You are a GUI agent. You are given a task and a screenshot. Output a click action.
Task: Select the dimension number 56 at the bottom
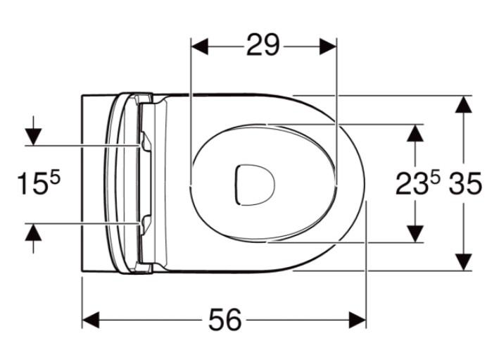coord(225,321)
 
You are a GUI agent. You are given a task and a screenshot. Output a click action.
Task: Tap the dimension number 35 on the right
coord(465,185)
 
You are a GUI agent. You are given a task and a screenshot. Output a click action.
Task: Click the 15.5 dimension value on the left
coord(39,185)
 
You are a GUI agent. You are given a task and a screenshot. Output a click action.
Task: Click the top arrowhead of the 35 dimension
coord(462,105)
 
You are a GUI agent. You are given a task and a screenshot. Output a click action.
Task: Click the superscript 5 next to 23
coord(434,176)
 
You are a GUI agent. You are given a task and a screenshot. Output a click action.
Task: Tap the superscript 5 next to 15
coord(55,176)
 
